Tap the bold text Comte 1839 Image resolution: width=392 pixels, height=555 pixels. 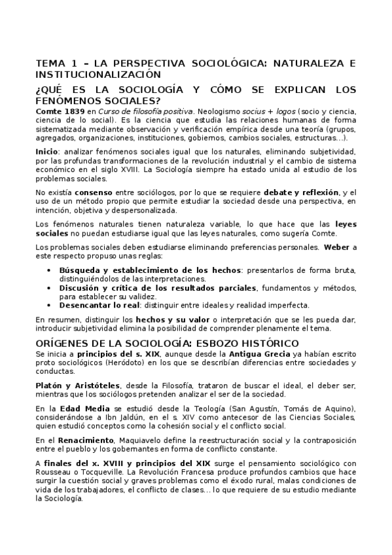pos(58,112)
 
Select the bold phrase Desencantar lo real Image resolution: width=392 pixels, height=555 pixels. pos(104,304)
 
